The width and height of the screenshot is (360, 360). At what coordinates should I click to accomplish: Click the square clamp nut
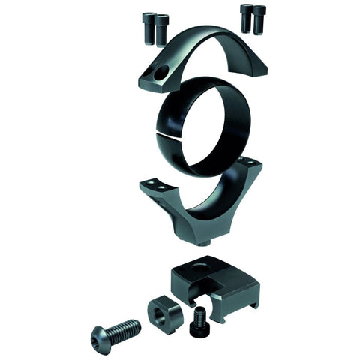pos(164,313)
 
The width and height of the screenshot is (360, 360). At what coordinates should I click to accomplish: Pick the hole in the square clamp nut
pos(161,308)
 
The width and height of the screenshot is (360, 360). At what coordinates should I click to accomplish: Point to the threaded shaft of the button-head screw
pos(124,327)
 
